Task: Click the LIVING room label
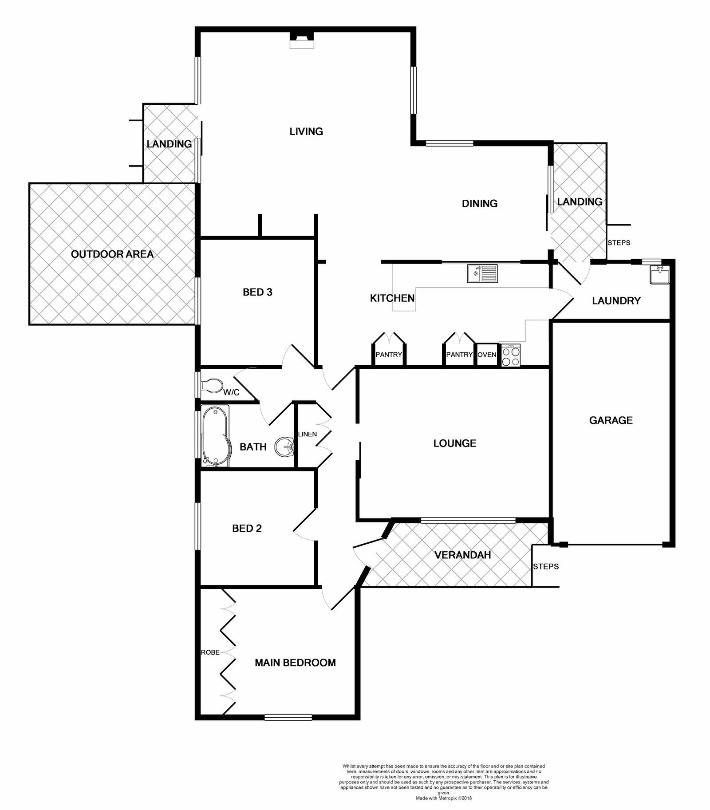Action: [306, 131]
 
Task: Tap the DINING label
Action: [480, 203]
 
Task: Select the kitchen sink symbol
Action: [482, 273]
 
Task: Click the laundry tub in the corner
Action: [659, 275]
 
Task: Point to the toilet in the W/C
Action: [212, 386]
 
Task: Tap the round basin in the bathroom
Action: [284, 447]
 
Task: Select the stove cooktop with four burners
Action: [510, 356]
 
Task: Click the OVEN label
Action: [487, 355]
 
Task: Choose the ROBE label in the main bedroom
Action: [210, 652]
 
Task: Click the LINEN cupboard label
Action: [308, 434]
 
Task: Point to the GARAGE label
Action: [611, 420]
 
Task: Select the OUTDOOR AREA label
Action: [112, 254]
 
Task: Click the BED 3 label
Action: [257, 292]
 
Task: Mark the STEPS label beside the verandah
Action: [546, 566]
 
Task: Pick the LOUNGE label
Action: [455, 443]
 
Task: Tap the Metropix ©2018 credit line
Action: [444, 798]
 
